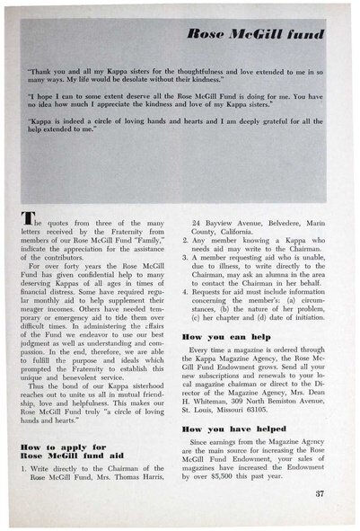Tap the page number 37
320,494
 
